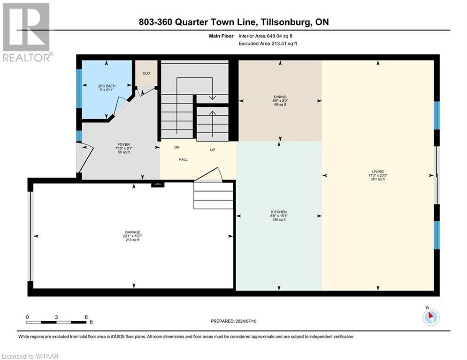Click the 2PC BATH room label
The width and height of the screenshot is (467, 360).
coord(107,86)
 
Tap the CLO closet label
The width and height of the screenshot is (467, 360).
coord(146,74)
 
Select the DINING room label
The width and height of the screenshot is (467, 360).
coord(280,97)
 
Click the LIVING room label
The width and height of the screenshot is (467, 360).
coord(378,172)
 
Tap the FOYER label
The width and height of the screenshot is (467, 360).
coord(124,144)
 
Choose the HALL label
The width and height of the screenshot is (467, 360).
coord(183,159)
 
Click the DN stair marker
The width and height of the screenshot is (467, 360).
coord(177,147)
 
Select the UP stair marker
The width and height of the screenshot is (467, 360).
coord(212,150)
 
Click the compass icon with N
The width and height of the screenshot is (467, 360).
coord(430,317)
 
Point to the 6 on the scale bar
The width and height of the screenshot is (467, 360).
coord(86,317)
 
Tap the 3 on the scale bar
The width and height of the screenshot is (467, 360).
coord(56,317)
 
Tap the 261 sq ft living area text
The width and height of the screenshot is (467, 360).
coord(378,179)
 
